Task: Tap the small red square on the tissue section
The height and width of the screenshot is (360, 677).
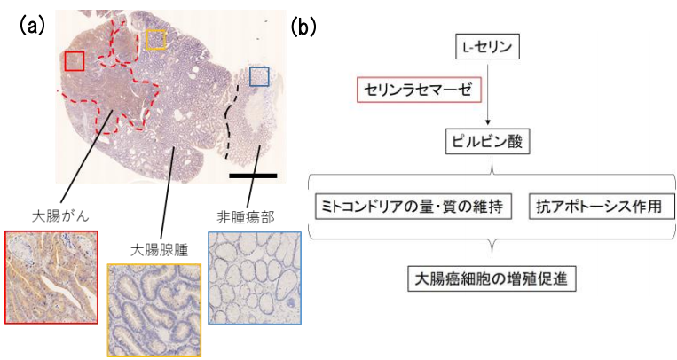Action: coord(75,60)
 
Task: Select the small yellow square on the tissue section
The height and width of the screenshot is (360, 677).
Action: coord(155,39)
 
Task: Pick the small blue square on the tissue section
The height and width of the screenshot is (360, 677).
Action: coord(258,76)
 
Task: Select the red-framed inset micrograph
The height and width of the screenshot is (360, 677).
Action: coord(51,278)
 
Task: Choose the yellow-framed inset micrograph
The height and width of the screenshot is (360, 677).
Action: coord(154,309)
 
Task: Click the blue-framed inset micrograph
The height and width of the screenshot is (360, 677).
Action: coord(255,278)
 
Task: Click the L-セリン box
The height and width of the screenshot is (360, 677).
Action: coord(488,46)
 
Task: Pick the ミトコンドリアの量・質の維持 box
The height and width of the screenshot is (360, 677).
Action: coord(413,207)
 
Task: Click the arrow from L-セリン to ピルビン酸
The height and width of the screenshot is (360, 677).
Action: coord(488,102)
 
